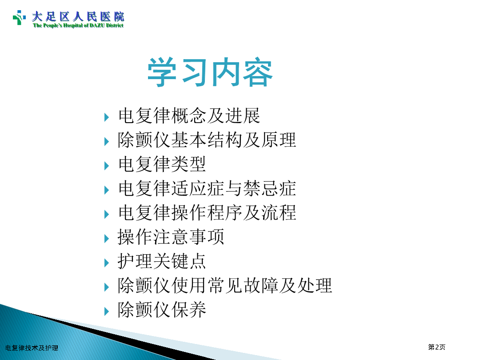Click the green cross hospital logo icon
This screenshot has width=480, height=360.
click(x=19, y=17)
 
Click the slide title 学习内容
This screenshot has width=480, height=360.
click(x=210, y=72)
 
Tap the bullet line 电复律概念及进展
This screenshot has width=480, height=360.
click(x=189, y=116)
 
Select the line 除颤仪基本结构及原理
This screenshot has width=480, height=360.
click(x=207, y=140)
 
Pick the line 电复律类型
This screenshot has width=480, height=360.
click(x=162, y=164)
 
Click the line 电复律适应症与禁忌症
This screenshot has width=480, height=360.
click(x=207, y=188)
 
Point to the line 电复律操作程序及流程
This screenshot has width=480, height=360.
click(x=207, y=213)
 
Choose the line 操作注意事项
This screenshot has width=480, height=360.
click(x=171, y=237)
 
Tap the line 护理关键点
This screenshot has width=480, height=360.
click(x=162, y=261)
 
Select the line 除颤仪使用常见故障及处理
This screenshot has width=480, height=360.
click(x=225, y=285)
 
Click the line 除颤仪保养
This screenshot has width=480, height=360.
click(x=162, y=309)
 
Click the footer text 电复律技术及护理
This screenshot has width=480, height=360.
click(x=32, y=348)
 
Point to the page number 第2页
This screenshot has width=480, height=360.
click(x=436, y=347)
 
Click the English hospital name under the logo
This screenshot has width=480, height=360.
click(x=78, y=25)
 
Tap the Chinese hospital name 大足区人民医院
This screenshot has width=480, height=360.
click(x=78, y=16)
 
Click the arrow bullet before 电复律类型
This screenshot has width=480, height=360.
click(x=107, y=166)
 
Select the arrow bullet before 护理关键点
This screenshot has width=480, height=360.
click(x=107, y=263)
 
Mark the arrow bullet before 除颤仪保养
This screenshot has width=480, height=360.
click(x=107, y=312)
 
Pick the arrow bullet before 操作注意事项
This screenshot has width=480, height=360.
click(x=107, y=239)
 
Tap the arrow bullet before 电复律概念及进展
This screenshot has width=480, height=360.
click(x=107, y=117)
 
